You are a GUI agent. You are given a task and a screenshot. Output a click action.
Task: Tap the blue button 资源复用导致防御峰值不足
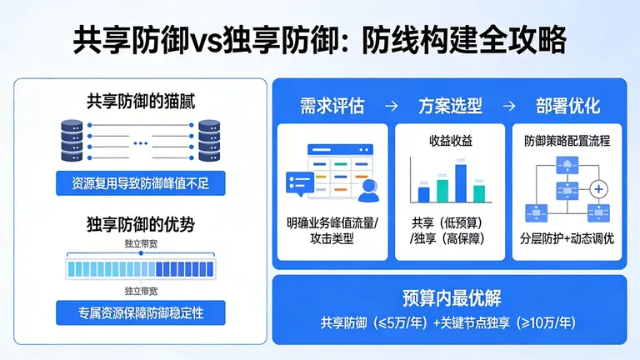[140, 182]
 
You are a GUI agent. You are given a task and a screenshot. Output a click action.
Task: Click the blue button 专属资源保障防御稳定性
[140, 313]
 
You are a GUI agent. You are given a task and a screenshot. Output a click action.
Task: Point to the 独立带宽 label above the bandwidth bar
[140, 243]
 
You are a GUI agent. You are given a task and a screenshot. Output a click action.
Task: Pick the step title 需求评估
[332, 107]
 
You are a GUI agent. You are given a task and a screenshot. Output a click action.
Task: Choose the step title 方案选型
[449, 107]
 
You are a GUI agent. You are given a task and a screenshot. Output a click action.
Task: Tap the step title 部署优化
[567, 107]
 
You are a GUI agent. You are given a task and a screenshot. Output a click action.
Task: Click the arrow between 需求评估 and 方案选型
[391, 107]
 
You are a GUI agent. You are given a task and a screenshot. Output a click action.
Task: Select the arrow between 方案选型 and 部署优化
[508, 107]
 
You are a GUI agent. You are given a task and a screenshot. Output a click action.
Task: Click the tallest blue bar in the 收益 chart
[460, 183]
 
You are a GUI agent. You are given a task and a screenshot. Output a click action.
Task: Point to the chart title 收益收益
[450, 141]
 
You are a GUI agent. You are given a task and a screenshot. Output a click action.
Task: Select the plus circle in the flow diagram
[597, 190]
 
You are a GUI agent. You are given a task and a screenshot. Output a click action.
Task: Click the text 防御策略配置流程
[567, 141]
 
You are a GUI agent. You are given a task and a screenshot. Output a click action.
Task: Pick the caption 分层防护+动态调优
[567, 237]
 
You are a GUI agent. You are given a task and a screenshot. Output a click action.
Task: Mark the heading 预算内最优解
[450, 298]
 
